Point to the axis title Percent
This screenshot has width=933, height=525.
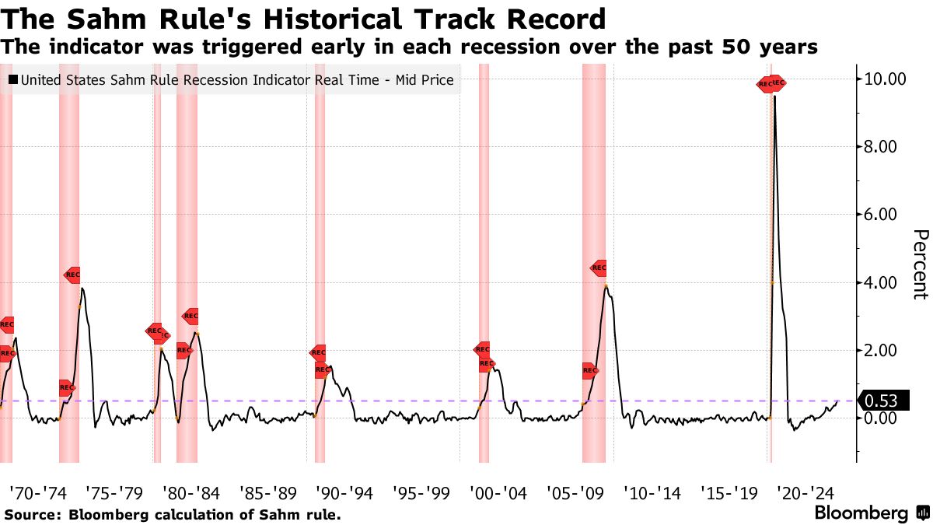[920, 264]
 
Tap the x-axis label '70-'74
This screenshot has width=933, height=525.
[37, 493]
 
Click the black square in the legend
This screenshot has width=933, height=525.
[13, 79]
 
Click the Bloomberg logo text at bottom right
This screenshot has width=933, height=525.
[861, 513]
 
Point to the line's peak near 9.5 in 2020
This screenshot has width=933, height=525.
[774, 96]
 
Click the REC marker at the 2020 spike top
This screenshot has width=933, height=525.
[771, 84]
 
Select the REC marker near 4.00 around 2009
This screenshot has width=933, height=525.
[598, 268]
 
